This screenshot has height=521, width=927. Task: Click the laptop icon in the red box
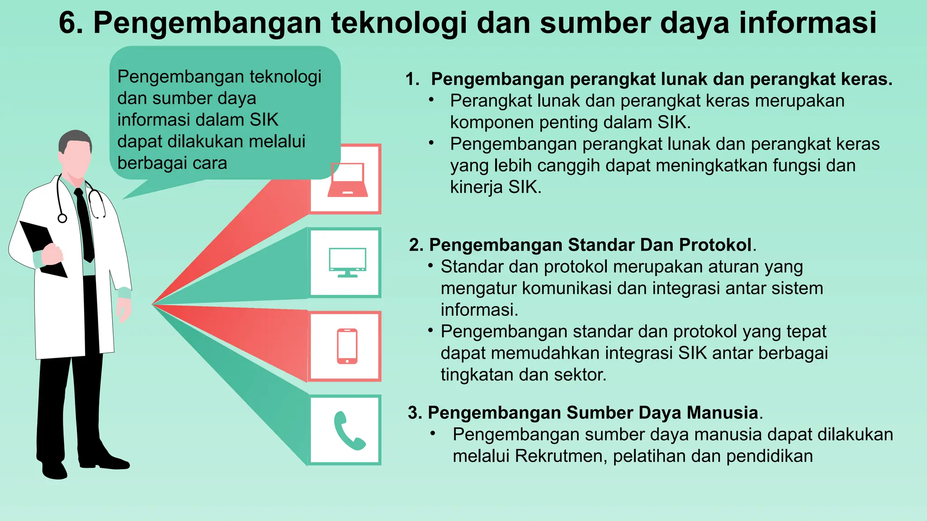tap(348, 181)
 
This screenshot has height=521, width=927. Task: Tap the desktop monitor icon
tap(347, 262)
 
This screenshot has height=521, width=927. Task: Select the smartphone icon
tap(347, 346)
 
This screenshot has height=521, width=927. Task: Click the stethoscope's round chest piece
tap(62, 218)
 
